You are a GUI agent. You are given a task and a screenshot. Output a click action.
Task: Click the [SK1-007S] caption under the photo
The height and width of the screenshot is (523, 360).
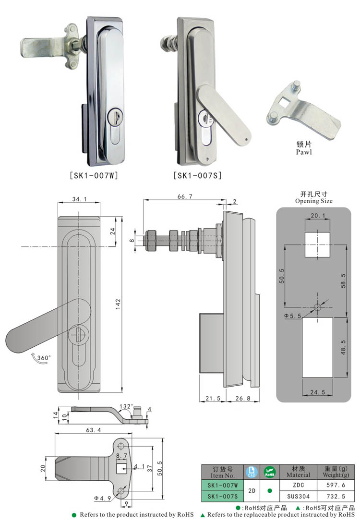pos(197,176)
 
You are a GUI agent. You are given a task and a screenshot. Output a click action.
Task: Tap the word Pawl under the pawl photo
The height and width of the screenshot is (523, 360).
pos(303,152)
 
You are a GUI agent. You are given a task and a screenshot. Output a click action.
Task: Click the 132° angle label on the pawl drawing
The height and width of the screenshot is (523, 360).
pos(126,406)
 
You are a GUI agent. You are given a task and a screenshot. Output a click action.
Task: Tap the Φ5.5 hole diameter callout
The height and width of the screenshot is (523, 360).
pos(292,316)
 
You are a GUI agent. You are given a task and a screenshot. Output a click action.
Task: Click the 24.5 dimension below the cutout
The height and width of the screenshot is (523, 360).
pos(318,392)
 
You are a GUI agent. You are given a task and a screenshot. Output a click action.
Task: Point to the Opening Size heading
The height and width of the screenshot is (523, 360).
pos(313,201)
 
